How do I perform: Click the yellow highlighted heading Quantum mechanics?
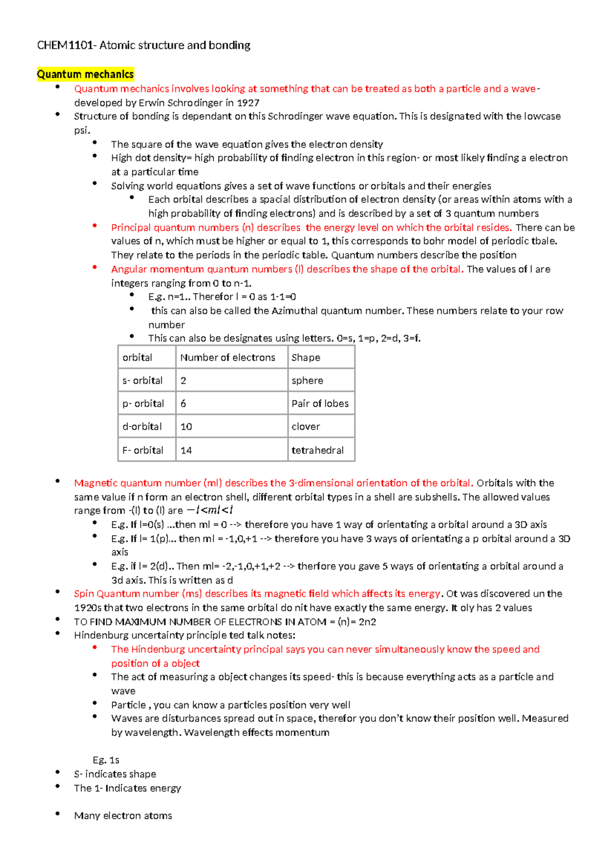85,74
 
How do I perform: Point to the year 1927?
248,102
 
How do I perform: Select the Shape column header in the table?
305,357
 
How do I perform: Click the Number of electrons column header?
227,357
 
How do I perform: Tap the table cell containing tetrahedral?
317,450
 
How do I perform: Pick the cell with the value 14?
186,450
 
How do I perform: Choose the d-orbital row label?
142,426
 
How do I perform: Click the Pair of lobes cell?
320,403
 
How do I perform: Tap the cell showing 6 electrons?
183,403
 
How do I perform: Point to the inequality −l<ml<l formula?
210,510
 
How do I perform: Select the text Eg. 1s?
106,760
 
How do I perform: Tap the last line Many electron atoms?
123,815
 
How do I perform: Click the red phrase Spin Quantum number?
126,594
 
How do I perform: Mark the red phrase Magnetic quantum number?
137,483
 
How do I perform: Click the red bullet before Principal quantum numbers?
95,226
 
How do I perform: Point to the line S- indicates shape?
115,774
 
